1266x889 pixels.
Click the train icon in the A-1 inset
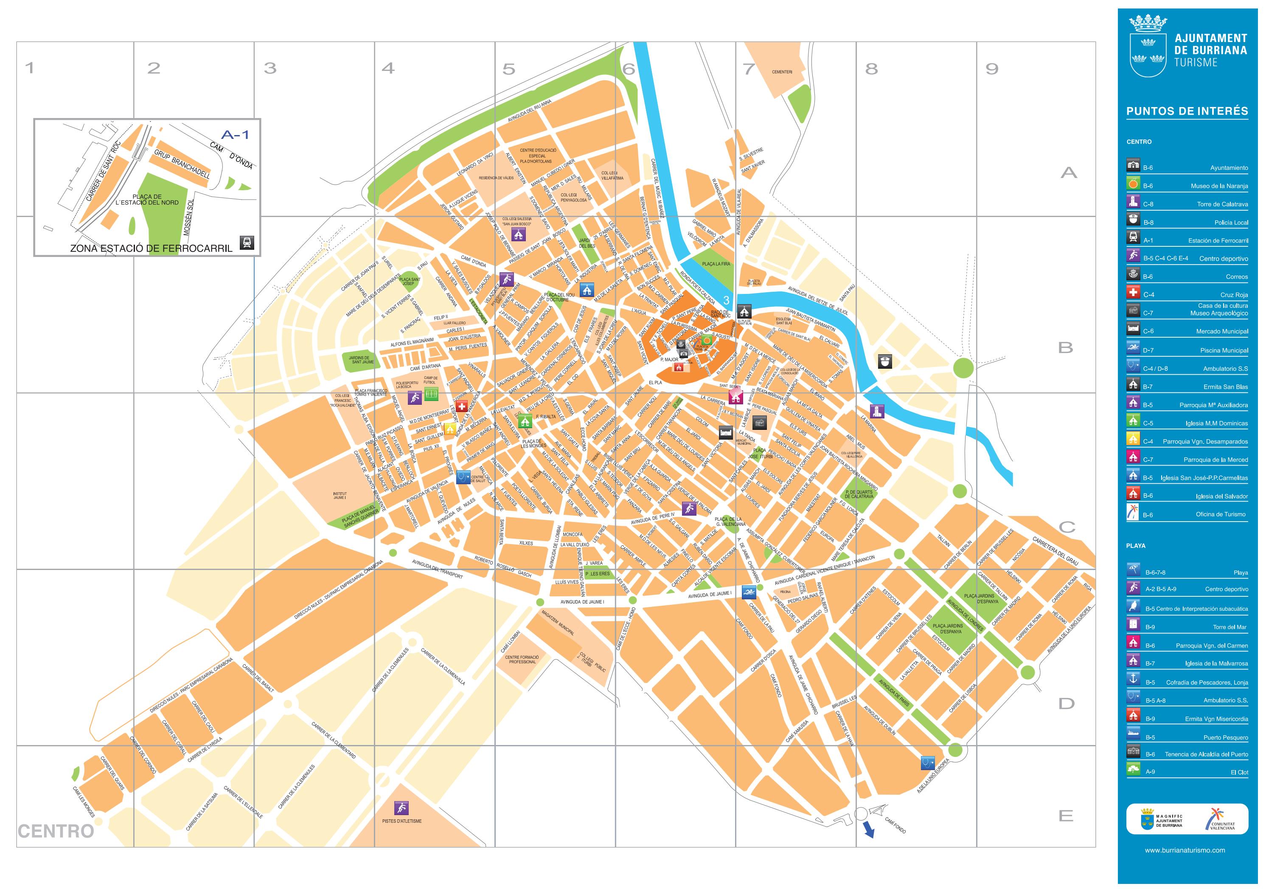(247, 242)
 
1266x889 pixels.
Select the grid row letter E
(1065, 816)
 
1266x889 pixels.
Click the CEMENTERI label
(782, 72)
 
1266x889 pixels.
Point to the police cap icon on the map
(885, 361)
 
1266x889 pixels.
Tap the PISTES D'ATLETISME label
(401, 821)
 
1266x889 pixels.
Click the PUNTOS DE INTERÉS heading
(1187, 111)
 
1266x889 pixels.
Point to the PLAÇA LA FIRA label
(716, 264)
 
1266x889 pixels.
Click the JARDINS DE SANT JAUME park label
(362, 360)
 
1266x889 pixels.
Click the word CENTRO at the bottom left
(56, 831)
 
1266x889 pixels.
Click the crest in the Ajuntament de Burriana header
(1148, 47)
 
